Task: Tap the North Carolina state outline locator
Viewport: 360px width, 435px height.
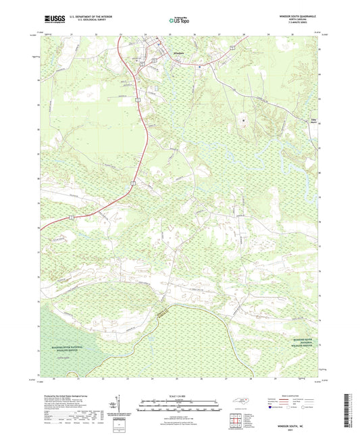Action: tap(244, 401)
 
